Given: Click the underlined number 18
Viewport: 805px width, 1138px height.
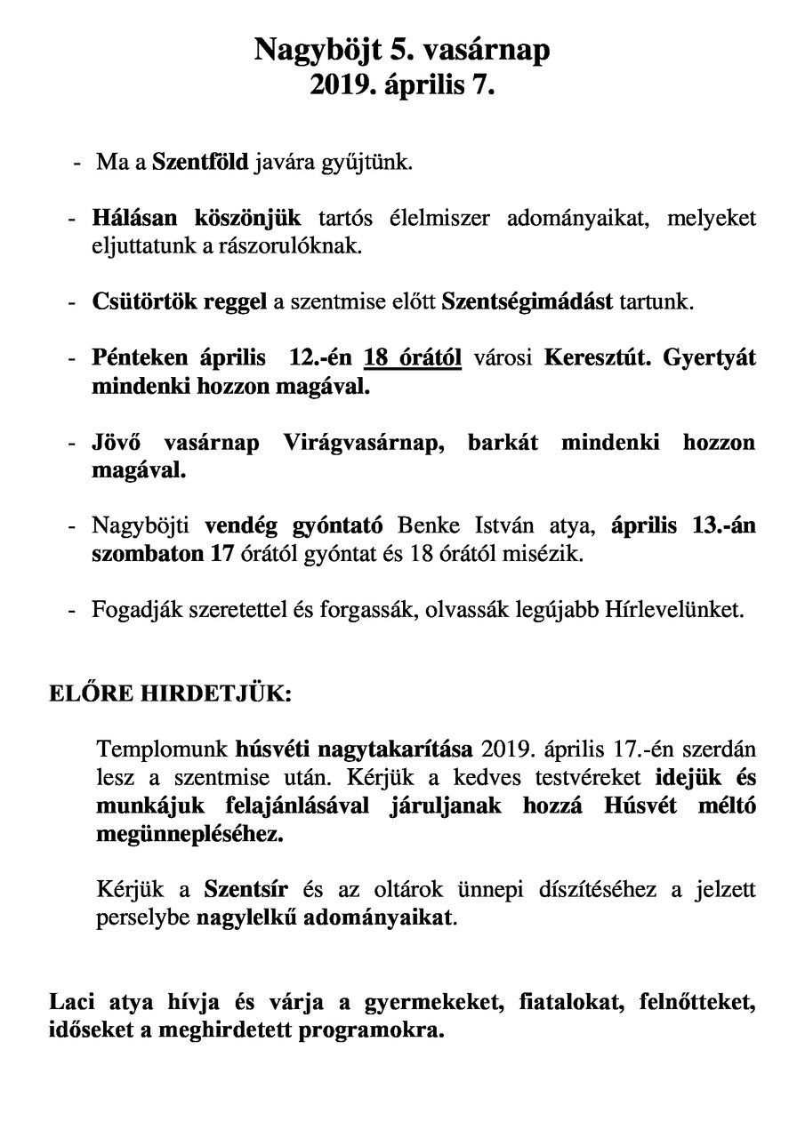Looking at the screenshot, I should [378, 358].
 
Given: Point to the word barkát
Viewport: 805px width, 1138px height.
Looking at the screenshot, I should [503, 442].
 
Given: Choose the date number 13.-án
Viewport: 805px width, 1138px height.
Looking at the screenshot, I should [723, 525].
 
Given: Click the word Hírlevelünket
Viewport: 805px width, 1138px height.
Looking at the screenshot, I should [677, 611].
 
